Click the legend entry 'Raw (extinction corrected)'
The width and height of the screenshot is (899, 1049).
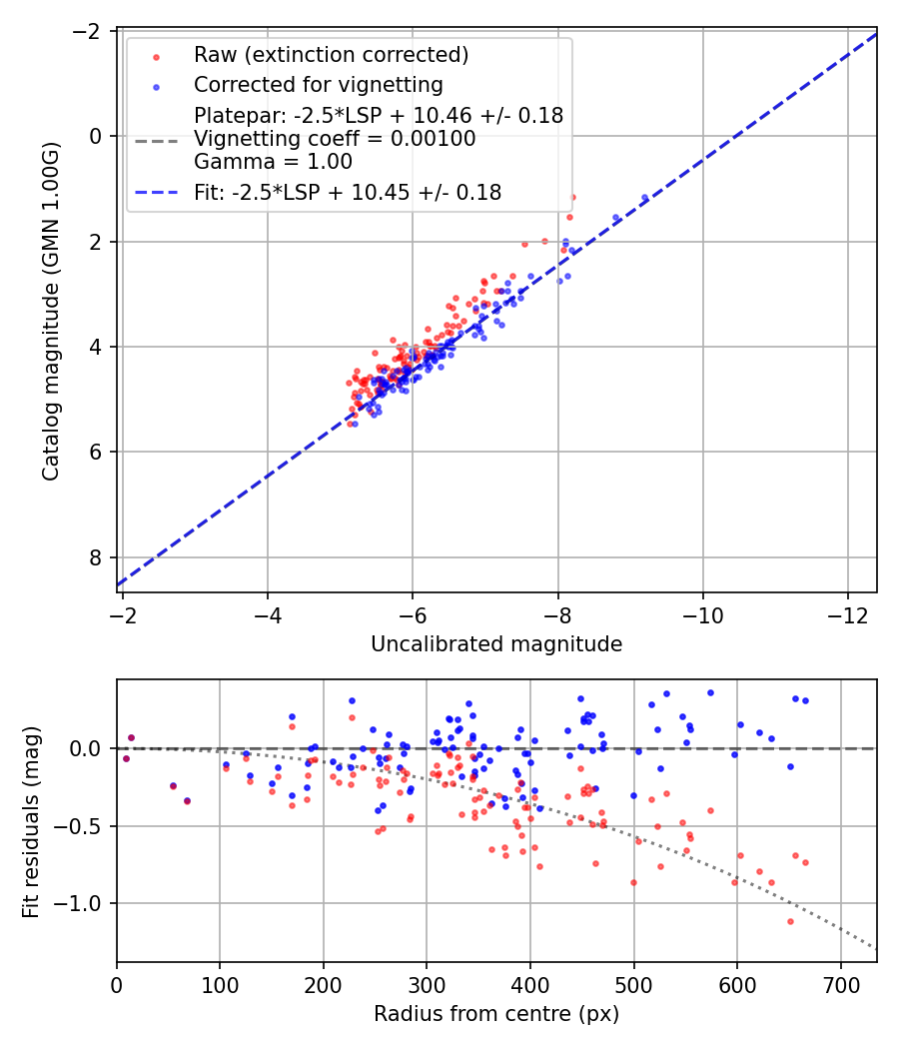click(x=331, y=54)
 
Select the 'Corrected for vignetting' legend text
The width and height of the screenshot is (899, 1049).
click(x=318, y=84)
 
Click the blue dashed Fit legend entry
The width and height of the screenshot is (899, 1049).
click(x=347, y=192)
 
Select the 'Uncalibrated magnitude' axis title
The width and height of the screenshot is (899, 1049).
click(x=496, y=644)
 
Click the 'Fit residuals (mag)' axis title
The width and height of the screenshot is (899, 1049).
click(x=30, y=821)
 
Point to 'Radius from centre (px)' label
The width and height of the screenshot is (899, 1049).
click(x=496, y=1014)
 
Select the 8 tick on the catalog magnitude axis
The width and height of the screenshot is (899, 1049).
click(x=96, y=557)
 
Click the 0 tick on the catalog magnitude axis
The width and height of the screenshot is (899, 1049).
click(x=96, y=136)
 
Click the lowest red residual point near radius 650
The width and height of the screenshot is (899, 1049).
click(x=790, y=921)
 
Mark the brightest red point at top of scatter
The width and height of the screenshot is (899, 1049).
click(x=572, y=197)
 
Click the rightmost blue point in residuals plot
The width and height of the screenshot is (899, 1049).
click(x=805, y=700)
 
